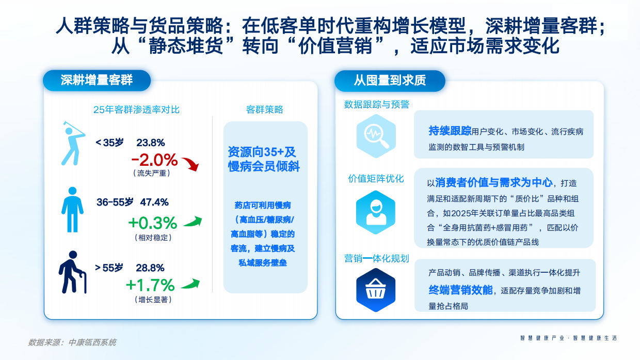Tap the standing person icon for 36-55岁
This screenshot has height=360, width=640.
[x=72, y=210]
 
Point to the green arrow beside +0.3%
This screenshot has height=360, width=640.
[x=193, y=222]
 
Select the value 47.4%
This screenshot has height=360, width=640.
[x=154, y=202]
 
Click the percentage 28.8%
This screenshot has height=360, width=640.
[x=150, y=268]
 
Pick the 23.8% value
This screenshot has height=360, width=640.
[x=150, y=143]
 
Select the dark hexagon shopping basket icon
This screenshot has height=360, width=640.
[x=375, y=290]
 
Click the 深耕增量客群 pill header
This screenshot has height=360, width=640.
[x=97, y=80]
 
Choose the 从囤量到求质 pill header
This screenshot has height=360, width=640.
[x=390, y=81]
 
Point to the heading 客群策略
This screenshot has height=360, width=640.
[x=265, y=109]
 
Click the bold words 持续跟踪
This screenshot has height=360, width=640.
[x=450, y=131]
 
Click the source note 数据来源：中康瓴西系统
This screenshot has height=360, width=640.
[x=72, y=342]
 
